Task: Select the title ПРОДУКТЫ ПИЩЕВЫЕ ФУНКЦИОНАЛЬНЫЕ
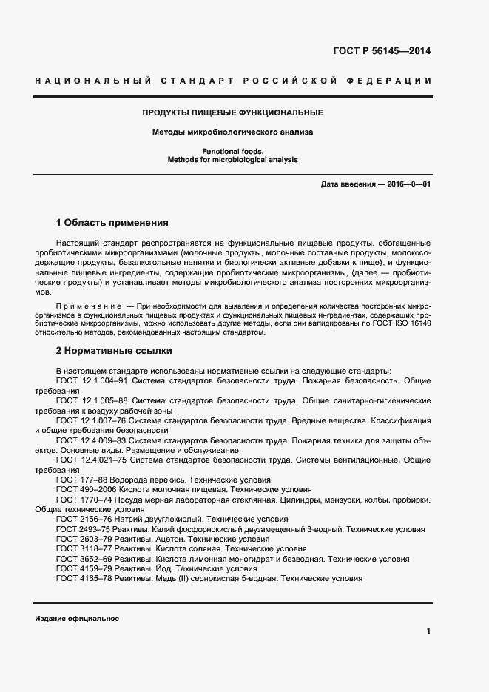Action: [x=232, y=112]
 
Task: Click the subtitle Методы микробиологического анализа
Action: [x=232, y=132]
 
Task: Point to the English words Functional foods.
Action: [x=232, y=151]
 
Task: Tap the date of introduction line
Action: [x=376, y=184]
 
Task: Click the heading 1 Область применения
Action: [x=112, y=222]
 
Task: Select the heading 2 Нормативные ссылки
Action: [x=114, y=350]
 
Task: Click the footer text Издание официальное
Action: [x=77, y=618]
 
